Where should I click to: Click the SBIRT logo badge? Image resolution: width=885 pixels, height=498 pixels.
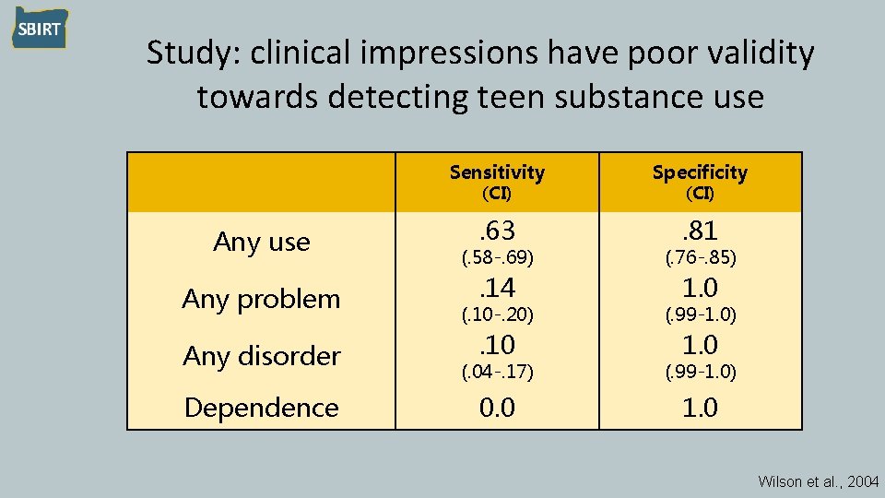(x=38, y=29)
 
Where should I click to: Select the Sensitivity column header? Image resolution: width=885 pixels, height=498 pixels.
(x=497, y=172)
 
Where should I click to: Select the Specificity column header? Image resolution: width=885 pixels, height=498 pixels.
(x=700, y=172)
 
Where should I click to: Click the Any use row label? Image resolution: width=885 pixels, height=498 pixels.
(x=262, y=243)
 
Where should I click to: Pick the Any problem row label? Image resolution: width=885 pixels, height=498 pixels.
(x=262, y=299)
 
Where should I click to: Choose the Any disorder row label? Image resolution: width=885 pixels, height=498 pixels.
(x=262, y=355)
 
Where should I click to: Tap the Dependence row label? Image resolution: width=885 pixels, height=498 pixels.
(x=262, y=408)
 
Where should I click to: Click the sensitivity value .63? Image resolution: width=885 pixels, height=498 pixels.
(x=497, y=230)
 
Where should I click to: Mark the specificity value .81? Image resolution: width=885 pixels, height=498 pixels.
(x=700, y=230)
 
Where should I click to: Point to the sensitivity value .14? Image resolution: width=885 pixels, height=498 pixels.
(x=497, y=288)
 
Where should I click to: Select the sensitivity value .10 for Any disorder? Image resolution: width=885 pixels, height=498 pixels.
(x=497, y=345)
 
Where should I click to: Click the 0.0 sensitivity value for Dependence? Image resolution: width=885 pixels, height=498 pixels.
(x=497, y=408)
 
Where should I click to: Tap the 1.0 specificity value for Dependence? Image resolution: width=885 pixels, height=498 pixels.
(x=700, y=408)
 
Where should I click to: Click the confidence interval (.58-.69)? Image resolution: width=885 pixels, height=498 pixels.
(x=497, y=257)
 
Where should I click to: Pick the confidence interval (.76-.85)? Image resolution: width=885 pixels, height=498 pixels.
(x=700, y=257)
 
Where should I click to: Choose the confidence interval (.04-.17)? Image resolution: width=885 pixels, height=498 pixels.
(x=497, y=372)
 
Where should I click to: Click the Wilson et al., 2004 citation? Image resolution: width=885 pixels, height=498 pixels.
(x=818, y=481)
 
